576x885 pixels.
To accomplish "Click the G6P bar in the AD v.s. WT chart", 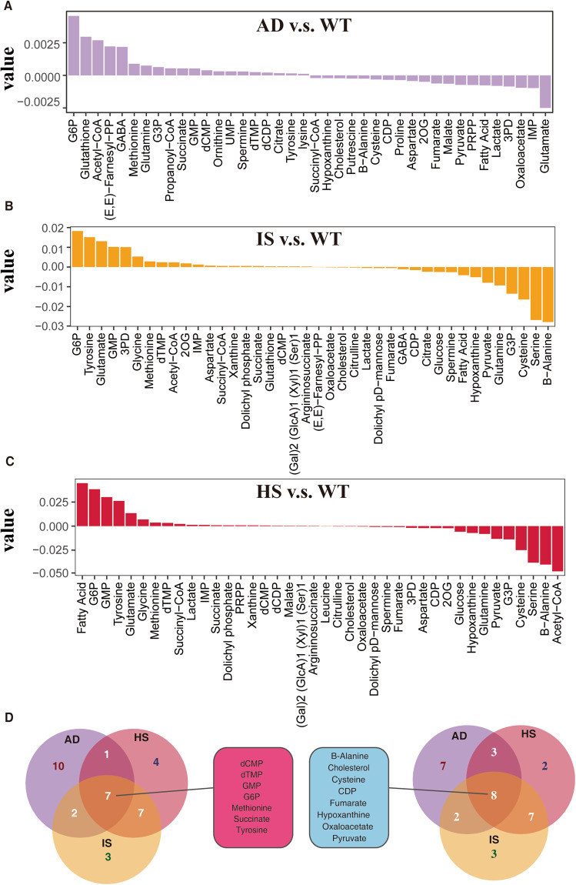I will pos(74,45).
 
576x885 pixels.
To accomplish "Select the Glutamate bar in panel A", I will pos(544,92).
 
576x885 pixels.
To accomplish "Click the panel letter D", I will pos(11,720).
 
